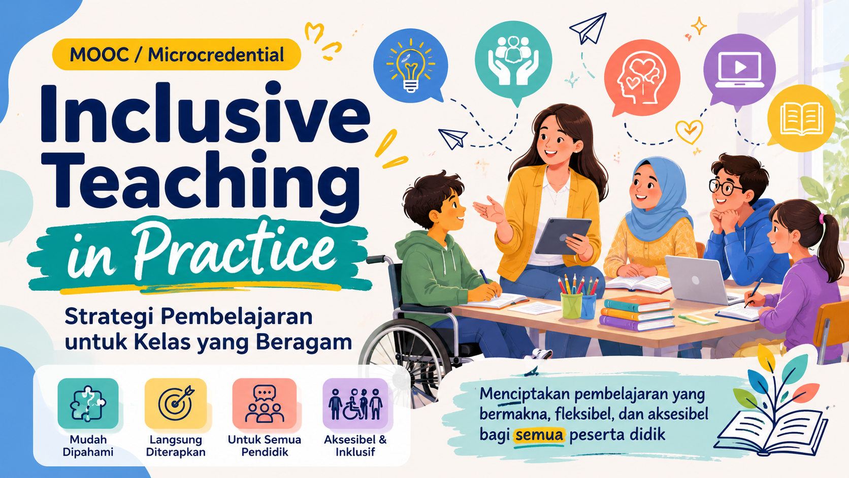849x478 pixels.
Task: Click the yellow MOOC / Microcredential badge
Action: (177, 54)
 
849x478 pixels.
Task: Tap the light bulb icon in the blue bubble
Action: (410, 66)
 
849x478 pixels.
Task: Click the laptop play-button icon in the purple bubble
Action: (739, 70)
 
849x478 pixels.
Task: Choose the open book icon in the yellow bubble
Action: (801, 119)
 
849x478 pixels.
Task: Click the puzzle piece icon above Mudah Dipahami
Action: (88, 404)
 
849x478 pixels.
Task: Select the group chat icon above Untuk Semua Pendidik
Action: (265, 404)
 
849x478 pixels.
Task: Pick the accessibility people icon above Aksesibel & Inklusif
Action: (355, 404)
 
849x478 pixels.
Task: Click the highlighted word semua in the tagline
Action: (539, 435)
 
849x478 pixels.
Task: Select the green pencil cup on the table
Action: (572, 305)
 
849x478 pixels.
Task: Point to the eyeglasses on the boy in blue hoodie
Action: (724, 187)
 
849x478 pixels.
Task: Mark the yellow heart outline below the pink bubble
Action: (689, 132)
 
